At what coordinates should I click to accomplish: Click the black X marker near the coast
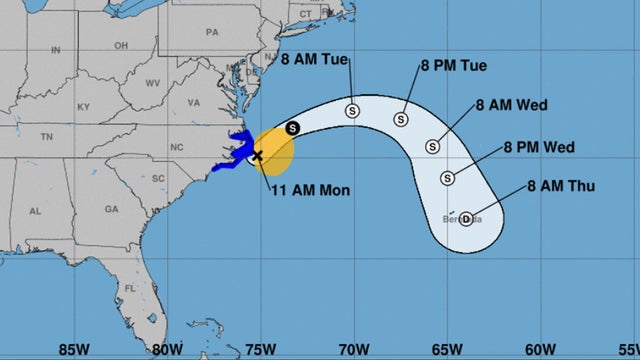point(257,155)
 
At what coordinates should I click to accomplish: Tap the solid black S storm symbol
point(292,128)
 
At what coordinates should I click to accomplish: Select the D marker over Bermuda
point(466,218)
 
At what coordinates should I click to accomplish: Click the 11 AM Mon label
point(309,190)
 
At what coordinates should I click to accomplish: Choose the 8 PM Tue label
point(452,66)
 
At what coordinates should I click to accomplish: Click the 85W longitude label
point(71,349)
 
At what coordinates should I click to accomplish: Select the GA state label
point(111,209)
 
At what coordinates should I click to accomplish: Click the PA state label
point(212,32)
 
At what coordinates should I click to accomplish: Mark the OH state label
point(121,45)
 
